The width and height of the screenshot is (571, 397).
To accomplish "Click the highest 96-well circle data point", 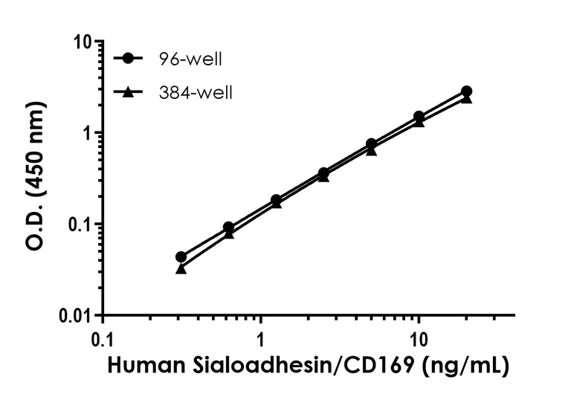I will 466,91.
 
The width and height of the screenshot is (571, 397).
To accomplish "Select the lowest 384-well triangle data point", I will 181,268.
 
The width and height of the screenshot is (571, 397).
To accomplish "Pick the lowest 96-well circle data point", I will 181,256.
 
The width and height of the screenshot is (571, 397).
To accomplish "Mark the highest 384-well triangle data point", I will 466,98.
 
